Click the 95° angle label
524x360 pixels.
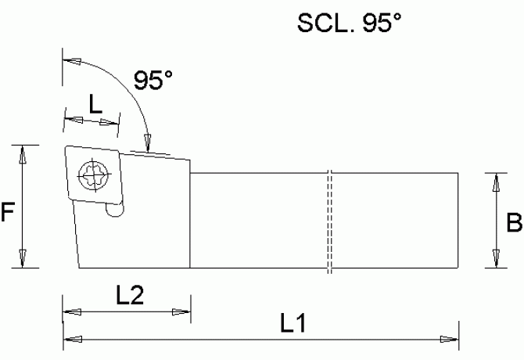click(153, 81)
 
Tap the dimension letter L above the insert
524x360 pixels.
click(94, 105)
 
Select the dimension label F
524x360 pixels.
click(8, 212)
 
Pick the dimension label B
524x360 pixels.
click(514, 224)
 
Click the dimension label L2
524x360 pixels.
click(130, 296)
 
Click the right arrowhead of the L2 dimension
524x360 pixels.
click(181, 314)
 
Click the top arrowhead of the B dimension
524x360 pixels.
click(494, 182)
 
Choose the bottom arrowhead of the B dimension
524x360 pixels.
click(494, 258)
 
